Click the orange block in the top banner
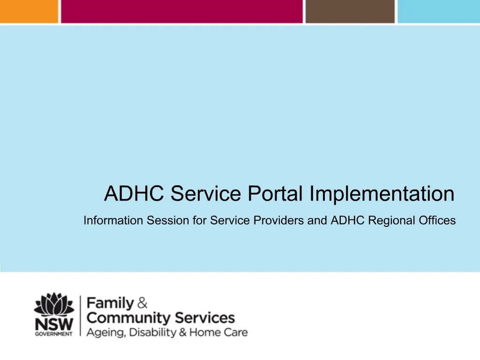29,11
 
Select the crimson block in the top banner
181,11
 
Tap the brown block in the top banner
350,11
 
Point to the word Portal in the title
269,194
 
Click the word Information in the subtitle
112,220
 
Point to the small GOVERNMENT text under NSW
53,334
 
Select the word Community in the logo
129,318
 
